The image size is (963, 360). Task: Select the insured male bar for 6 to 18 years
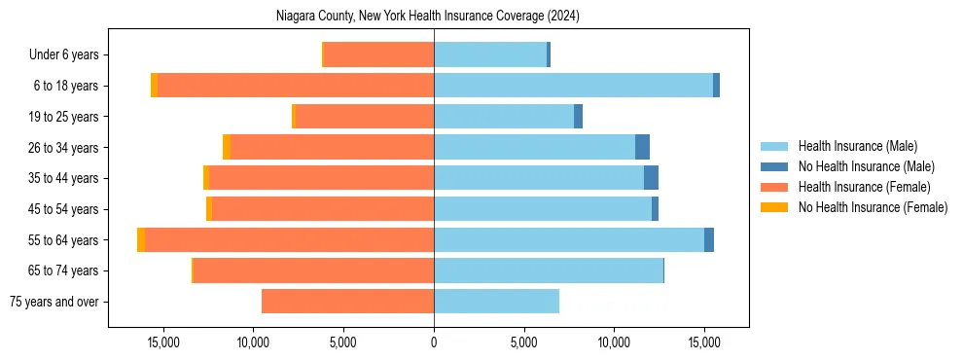point(573,86)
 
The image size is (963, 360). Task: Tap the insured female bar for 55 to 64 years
point(289,239)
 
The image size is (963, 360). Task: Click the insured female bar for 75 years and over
point(347,302)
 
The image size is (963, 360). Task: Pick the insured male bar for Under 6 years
point(490,54)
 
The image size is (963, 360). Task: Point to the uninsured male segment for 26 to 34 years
point(642,147)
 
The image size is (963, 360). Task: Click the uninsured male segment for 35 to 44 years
point(651,178)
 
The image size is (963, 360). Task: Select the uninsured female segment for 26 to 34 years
point(227,147)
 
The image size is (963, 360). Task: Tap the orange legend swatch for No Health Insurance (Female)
point(775,207)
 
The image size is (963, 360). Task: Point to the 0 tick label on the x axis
point(434,342)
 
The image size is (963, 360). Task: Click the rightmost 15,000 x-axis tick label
point(704,342)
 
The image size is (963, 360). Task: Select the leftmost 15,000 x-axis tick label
point(162,342)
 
